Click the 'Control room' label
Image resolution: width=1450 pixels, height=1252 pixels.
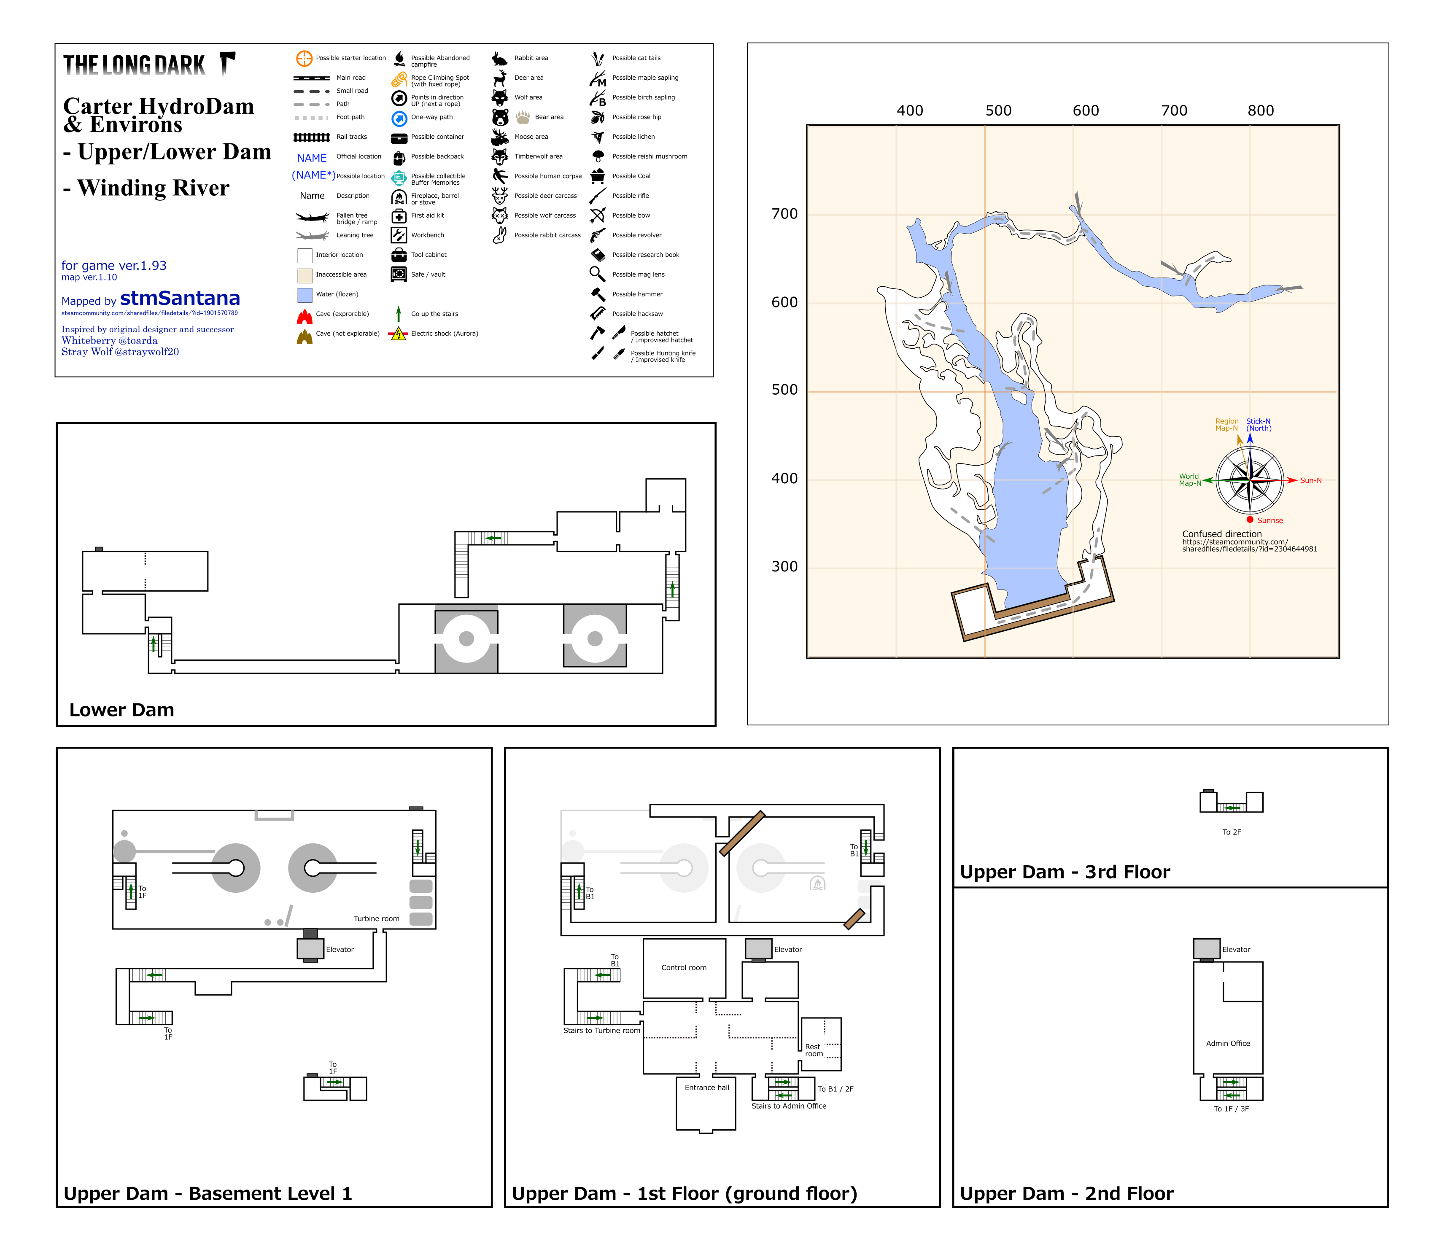pos(684,968)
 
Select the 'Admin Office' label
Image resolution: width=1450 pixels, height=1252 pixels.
pos(1227,1043)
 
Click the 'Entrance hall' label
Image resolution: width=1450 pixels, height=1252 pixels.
pos(707,1088)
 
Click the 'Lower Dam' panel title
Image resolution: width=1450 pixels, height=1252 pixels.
pos(122,710)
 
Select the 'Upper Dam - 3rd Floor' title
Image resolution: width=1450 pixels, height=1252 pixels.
pos(1065,872)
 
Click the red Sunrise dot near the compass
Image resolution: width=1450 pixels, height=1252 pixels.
pos(1250,520)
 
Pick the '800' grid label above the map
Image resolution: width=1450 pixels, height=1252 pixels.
pos(1260,110)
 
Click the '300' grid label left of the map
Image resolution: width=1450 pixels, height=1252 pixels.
pos(784,567)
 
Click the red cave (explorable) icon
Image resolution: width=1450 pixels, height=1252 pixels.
pos(305,316)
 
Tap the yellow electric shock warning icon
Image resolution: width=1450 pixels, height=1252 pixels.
pos(398,334)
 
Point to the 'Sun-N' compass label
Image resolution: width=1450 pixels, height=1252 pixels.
pos(1311,481)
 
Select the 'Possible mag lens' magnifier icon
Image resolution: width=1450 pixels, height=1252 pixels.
pos(597,274)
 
